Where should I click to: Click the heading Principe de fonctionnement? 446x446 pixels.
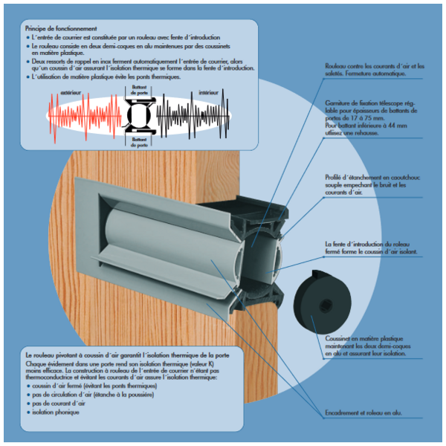[x=63, y=28]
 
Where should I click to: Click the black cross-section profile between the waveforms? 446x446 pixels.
[x=138, y=116]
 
